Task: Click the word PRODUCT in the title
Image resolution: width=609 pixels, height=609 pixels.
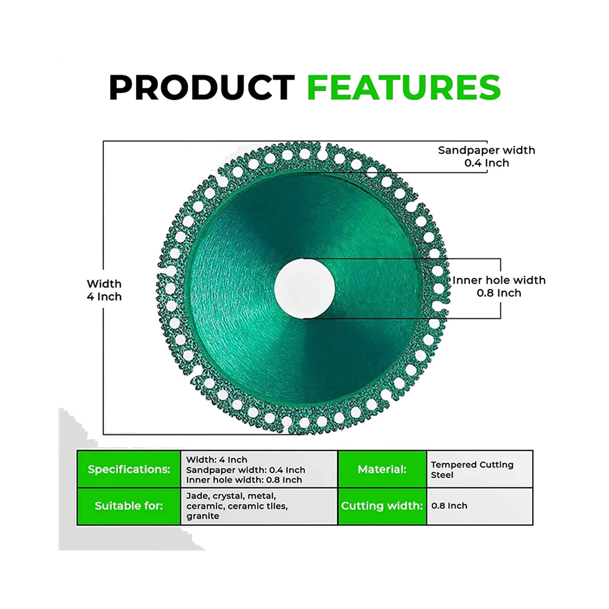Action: [x=202, y=87]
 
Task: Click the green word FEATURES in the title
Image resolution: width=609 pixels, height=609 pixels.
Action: [x=404, y=87]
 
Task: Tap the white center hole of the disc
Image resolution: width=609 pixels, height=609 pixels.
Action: [x=304, y=287]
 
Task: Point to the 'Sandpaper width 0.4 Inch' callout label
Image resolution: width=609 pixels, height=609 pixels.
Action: [x=487, y=156]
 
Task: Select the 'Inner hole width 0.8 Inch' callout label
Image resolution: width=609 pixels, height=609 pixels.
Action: [x=499, y=286]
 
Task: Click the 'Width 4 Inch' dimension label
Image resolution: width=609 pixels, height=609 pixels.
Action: [x=104, y=290]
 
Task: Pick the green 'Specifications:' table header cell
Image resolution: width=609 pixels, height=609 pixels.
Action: [x=129, y=469]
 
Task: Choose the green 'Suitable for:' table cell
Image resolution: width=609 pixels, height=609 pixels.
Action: [x=129, y=506]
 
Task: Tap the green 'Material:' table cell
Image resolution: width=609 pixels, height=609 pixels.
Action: [x=382, y=469]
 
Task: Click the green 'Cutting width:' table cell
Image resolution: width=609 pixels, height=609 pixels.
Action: [x=382, y=506]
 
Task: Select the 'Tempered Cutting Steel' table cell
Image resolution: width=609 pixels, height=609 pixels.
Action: [x=480, y=469]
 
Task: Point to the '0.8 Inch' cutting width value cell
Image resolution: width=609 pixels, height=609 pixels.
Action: [x=480, y=506]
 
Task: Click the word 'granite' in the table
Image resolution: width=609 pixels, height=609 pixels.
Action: [x=203, y=516]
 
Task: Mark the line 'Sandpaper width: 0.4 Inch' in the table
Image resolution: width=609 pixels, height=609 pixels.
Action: [x=245, y=470]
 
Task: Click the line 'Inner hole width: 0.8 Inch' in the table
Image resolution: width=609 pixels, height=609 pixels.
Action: [x=244, y=480]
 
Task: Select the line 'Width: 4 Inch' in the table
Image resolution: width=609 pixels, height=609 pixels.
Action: [x=217, y=460]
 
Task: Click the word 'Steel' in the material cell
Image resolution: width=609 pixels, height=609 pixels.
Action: [x=442, y=475]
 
